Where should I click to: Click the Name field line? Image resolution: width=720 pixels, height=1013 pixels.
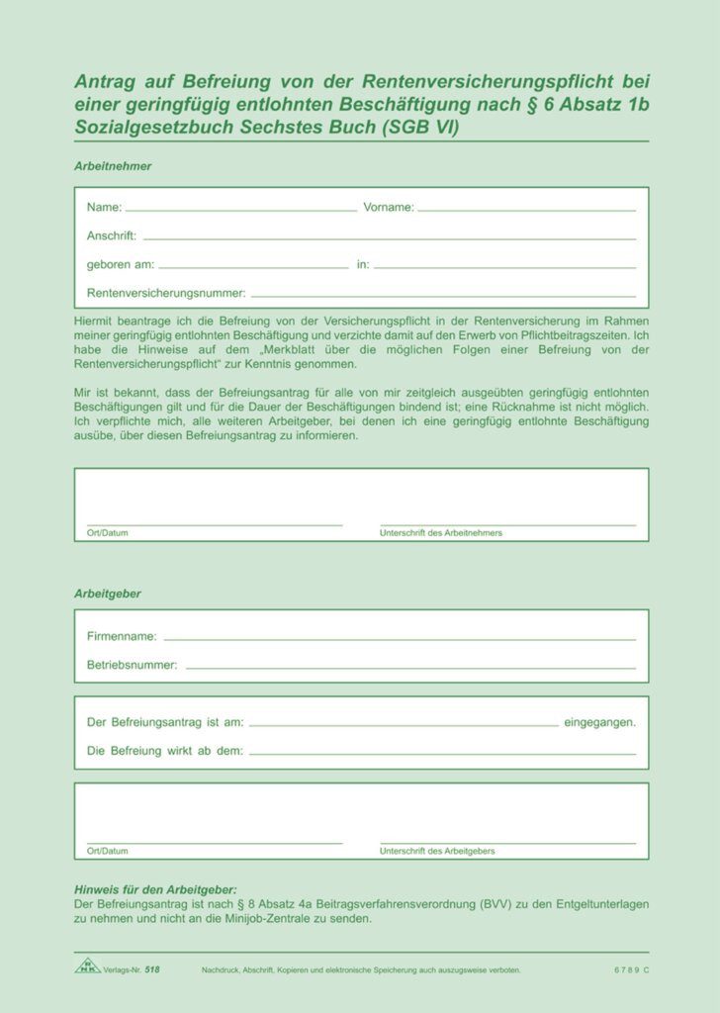click(240, 209)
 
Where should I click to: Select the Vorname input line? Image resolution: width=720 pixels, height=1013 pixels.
click(526, 209)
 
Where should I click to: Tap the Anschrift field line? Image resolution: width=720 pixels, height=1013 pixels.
click(389, 237)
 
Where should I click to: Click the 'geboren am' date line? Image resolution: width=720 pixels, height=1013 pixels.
click(253, 266)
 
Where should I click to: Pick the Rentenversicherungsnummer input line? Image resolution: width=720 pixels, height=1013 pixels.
click(443, 295)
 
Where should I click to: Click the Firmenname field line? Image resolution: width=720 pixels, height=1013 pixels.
click(400, 638)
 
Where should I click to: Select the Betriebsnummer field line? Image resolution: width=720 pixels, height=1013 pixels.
click(410, 667)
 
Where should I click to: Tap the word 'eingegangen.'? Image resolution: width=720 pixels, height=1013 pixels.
click(599, 723)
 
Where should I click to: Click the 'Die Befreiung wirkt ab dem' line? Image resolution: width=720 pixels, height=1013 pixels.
click(442, 753)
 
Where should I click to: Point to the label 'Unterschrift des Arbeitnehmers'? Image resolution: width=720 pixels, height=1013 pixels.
click(441, 533)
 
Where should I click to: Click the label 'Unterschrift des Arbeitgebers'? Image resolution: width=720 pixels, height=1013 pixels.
click(437, 851)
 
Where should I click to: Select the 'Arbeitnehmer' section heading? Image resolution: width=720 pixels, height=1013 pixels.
click(113, 166)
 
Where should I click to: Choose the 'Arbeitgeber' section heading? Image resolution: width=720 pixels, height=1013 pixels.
click(108, 594)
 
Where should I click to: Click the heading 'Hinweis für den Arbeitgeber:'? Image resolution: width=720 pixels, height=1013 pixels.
click(155, 890)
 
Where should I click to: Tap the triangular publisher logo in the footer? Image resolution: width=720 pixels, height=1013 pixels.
click(88, 965)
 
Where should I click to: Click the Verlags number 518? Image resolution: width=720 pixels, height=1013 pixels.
click(151, 969)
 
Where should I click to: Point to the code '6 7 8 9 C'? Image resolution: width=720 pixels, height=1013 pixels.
click(631, 969)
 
